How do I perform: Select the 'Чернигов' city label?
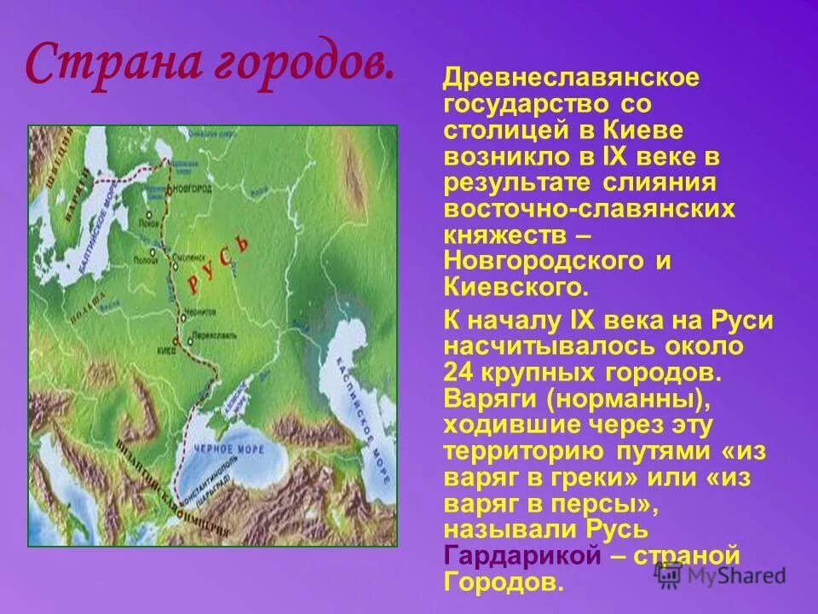tap(201, 312)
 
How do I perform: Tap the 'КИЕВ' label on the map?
tap(166, 350)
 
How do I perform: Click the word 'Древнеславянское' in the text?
tap(571, 79)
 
